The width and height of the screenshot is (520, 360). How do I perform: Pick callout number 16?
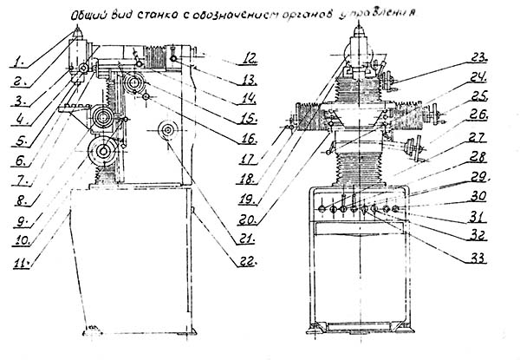coord(248,139)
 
